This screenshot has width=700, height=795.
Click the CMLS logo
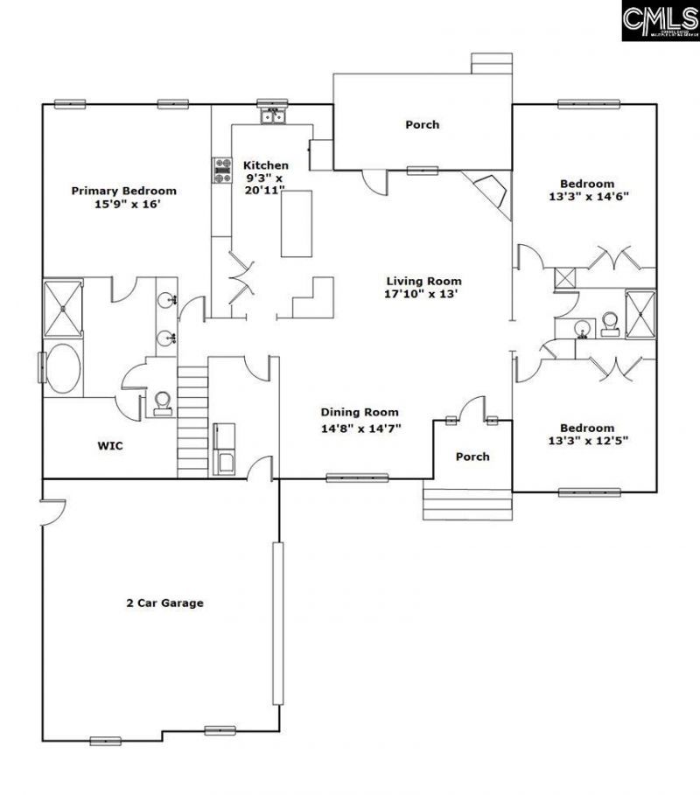point(660,21)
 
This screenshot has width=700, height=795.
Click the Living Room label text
point(423,282)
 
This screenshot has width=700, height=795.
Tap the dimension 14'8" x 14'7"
point(360,428)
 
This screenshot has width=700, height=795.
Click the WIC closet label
point(109,446)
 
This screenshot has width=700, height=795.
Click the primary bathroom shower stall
point(63,308)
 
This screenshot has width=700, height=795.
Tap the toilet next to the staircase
point(161,402)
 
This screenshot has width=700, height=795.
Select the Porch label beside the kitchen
point(422,125)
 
